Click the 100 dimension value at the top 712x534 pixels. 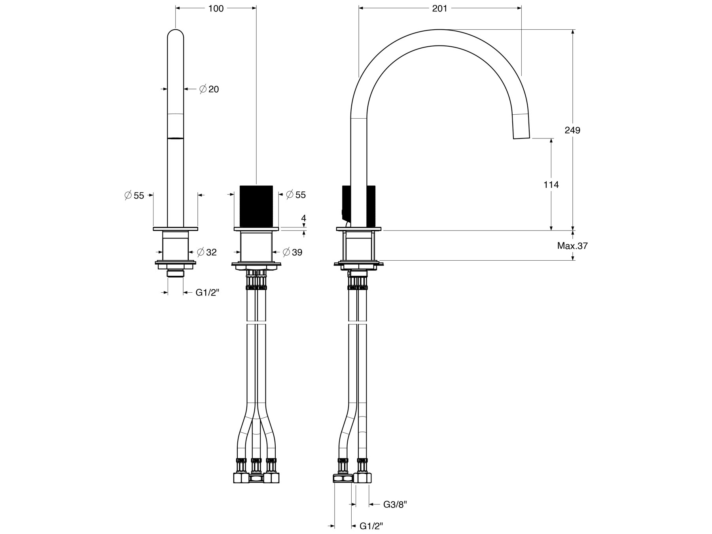tap(216, 8)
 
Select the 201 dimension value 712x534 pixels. tap(439, 8)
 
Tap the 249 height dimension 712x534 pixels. tap(572, 130)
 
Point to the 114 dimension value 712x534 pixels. tap(551, 184)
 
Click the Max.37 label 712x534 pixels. tap(572, 246)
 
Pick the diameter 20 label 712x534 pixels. tap(209, 89)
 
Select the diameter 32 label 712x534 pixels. tap(206, 252)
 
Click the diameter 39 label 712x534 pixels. tap(292, 252)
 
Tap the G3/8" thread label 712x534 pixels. tap(395, 504)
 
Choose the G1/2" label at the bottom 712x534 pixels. tap(371, 526)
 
